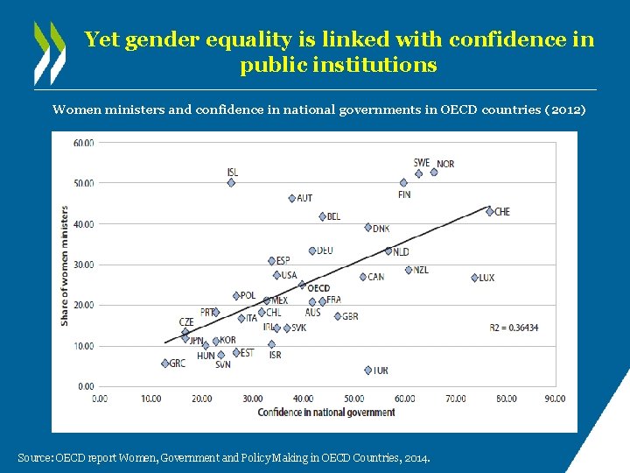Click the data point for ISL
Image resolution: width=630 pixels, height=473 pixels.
(231, 183)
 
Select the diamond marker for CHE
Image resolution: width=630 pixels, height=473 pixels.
(490, 211)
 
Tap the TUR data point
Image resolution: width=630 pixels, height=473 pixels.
(368, 371)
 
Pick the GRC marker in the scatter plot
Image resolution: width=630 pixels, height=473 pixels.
(165, 364)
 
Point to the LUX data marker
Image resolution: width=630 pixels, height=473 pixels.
(475, 278)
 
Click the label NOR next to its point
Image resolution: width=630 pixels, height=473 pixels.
(445, 164)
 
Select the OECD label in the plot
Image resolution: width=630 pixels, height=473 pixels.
(318, 287)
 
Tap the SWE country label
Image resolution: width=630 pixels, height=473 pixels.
(422, 162)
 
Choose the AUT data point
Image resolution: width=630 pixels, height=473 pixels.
(292, 199)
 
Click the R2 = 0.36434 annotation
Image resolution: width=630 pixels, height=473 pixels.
(514, 328)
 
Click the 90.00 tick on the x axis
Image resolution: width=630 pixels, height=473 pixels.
(555, 399)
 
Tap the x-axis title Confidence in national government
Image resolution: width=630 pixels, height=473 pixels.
(326, 413)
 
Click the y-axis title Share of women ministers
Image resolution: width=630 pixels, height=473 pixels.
(65, 266)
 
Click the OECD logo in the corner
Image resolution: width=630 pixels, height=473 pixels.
(49, 53)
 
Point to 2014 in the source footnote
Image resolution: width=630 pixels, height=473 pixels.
(418, 458)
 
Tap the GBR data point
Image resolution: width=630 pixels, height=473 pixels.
(338, 316)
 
